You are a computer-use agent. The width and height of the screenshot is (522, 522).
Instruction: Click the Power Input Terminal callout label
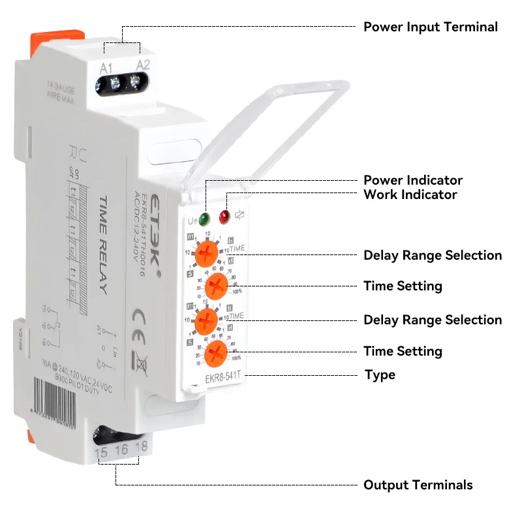point(430,27)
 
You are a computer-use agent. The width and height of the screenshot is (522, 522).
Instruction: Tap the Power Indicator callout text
point(413,180)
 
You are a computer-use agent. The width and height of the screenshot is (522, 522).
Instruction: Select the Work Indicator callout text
point(410,194)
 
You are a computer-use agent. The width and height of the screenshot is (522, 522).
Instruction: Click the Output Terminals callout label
point(418,485)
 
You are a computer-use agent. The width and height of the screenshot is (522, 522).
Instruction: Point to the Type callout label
point(380,375)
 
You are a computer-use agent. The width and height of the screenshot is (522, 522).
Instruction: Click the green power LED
point(205,219)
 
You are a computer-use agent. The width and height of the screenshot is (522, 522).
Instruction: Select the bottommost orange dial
point(215,354)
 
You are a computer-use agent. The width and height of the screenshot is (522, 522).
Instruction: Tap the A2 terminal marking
point(143,63)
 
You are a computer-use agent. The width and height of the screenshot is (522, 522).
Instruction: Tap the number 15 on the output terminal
point(102,452)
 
